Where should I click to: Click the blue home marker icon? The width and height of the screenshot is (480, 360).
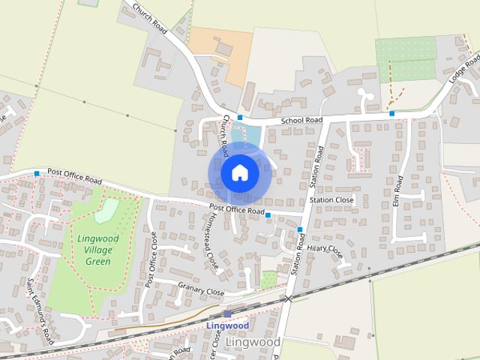[x=239, y=173]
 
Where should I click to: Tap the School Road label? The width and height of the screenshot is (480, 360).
[x=301, y=120]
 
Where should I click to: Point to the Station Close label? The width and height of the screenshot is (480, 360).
[x=331, y=200]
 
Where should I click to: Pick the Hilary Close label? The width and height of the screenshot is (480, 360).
[x=325, y=249]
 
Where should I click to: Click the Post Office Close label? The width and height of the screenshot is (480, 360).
[x=151, y=259]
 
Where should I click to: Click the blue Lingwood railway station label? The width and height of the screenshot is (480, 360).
[x=227, y=326]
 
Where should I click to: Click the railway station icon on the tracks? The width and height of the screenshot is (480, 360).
[x=227, y=313]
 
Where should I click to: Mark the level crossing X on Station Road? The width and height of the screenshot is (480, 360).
[x=288, y=298]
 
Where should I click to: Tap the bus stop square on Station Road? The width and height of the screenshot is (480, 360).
[x=300, y=229]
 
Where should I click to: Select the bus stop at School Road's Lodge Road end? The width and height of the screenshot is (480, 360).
[x=392, y=113]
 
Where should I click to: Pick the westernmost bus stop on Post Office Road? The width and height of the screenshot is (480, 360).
[x=37, y=173]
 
